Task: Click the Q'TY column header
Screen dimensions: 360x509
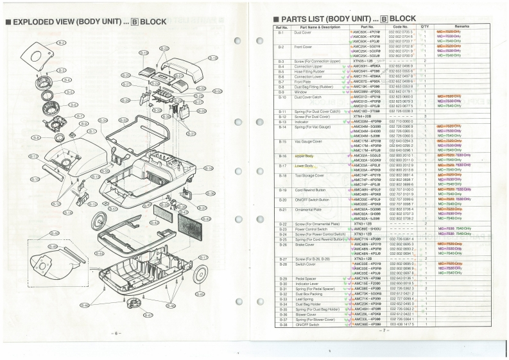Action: coord(425,27)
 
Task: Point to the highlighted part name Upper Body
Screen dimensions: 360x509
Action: coord(304,156)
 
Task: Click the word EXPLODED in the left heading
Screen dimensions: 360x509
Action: coord(39,21)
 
